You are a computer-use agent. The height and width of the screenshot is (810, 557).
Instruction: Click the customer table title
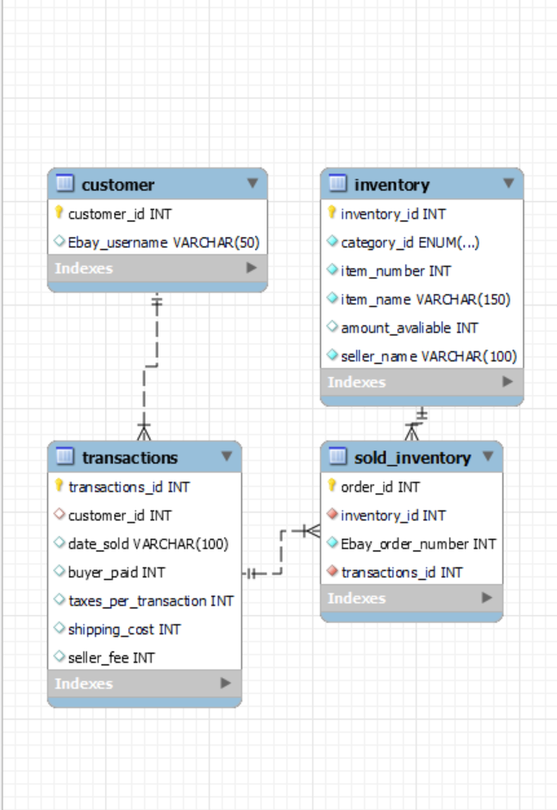(118, 185)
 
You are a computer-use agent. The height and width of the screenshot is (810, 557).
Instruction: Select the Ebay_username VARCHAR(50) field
(163, 242)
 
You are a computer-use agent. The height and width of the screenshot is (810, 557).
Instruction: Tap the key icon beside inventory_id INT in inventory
(332, 213)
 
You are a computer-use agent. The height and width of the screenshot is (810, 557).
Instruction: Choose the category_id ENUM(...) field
(410, 242)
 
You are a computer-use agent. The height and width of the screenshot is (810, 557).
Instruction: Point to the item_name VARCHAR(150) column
(425, 299)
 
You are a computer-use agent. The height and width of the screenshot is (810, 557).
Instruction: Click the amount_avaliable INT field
(409, 328)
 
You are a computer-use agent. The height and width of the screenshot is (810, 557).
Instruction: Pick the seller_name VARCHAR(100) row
(429, 356)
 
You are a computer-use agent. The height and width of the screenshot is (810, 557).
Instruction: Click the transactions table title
(129, 457)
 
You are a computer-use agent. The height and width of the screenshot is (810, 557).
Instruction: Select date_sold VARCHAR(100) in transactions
(148, 543)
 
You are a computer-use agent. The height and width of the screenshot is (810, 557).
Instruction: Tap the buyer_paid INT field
(116, 572)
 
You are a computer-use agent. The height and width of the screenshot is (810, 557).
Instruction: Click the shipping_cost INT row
(124, 629)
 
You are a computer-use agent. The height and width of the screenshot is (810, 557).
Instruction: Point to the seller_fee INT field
(111, 657)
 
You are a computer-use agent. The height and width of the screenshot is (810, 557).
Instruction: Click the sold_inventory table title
(412, 457)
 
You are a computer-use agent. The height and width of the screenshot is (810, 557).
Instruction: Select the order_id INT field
(380, 487)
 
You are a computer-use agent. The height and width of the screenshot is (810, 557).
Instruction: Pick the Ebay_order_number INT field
(418, 543)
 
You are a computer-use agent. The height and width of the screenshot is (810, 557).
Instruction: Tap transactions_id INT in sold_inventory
(402, 572)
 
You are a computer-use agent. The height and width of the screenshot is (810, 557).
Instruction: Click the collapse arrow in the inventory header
(509, 184)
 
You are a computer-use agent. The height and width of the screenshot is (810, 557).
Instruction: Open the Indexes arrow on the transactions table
(226, 683)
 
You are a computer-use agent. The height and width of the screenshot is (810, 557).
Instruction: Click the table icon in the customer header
(65, 184)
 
